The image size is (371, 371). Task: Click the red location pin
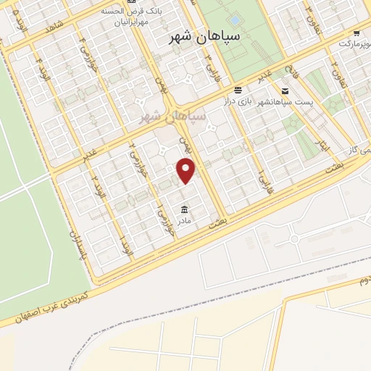tap(187, 170)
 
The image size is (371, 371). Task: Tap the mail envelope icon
tap(285, 91)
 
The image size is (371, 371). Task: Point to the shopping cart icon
tap(355, 33)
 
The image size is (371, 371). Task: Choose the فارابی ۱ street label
tap(260, 175)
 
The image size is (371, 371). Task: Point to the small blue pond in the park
tap(235, 20)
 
